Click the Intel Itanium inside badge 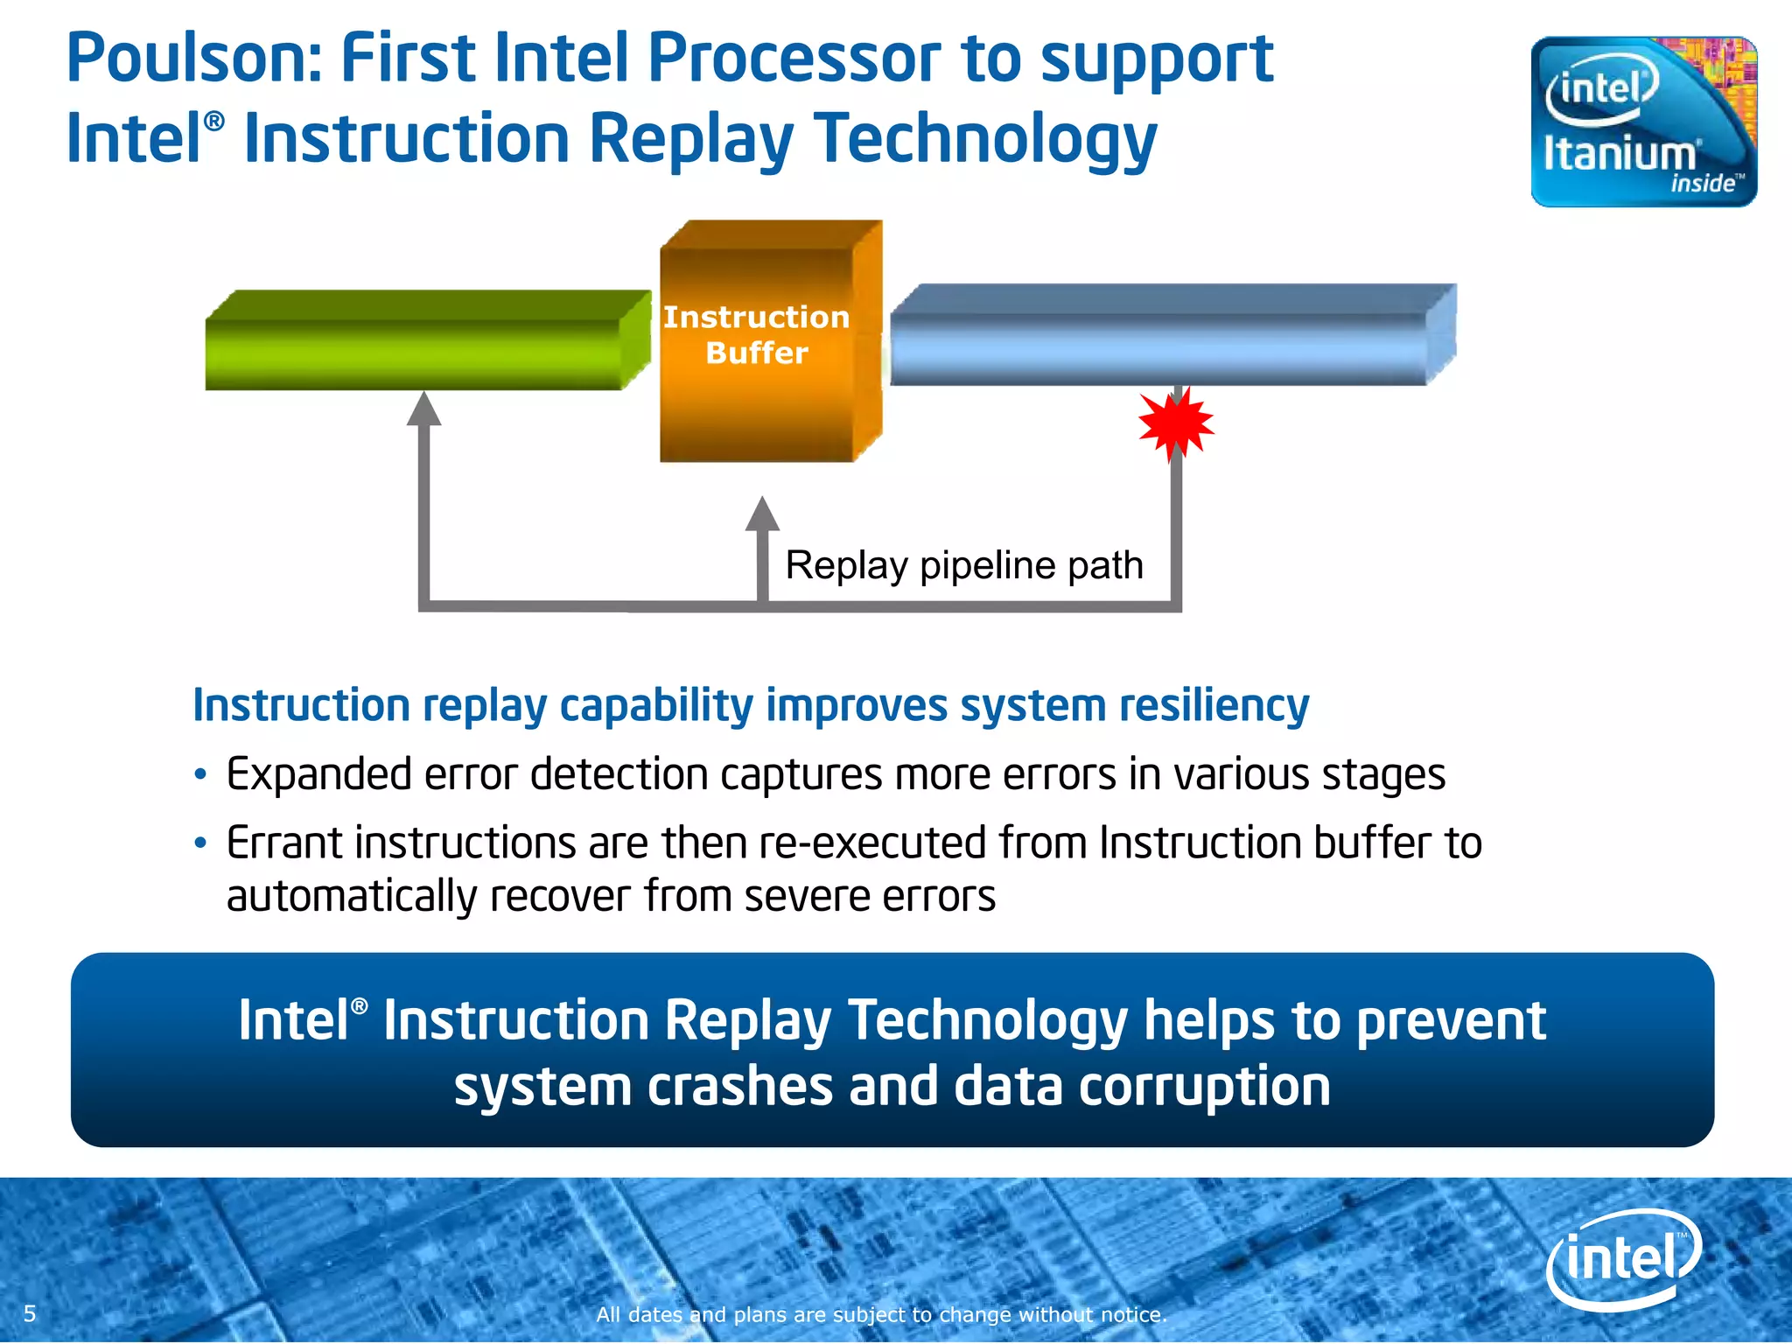pyautogui.click(x=1643, y=122)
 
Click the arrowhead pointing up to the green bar pyautogui.click(x=423, y=409)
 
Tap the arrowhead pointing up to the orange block pyautogui.click(x=762, y=514)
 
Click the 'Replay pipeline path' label pyautogui.click(x=964, y=565)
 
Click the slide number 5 pyautogui.click(x=30, y=1313)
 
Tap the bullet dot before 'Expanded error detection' pyautogui.click(x=201, y=775)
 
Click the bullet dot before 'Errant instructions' pyautogui.click(x=201, y=843)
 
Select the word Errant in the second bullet pyautogui.click(x=284, y=843)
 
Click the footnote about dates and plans pyautogui.click(x=882, y=1314)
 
